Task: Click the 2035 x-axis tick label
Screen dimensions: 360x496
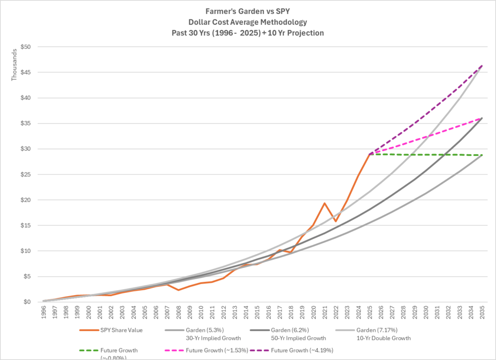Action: click(482, 313)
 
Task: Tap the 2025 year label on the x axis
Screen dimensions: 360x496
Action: click(370, 313)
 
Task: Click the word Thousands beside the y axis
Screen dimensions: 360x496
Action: click(15, 65)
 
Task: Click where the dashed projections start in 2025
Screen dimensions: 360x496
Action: click(370, 154)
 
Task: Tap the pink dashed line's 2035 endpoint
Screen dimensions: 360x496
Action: click(482, 118)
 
